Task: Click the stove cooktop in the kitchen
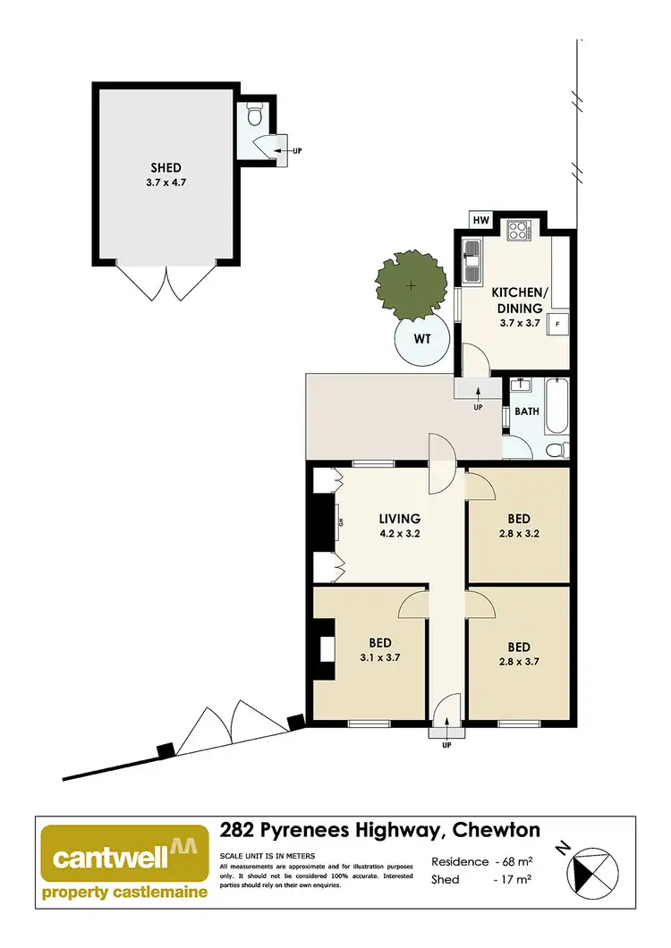pos(519,232)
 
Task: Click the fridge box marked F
pos(558,323)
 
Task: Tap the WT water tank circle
pos(420,340)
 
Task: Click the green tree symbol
pos(410,286)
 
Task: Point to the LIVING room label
pos(399,519)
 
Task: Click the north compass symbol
pos(591,868)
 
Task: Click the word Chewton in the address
pos(496,832)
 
